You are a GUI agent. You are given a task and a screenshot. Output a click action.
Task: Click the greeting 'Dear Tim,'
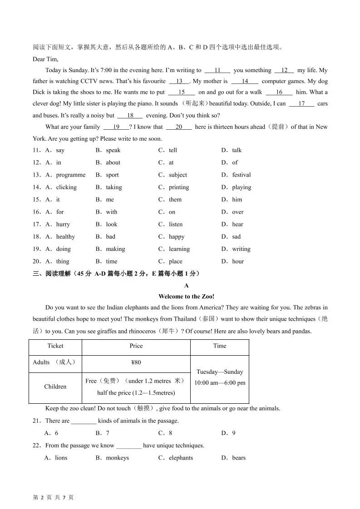(x=45, y=59)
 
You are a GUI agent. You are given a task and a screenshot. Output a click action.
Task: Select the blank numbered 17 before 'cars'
(x=301, y=103)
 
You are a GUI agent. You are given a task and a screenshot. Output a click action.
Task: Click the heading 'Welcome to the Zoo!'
(x=186, y=296)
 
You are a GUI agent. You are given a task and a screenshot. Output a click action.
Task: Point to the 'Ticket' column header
(x=55, y=346)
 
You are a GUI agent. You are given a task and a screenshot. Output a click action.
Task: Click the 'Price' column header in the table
(x=136, y=346)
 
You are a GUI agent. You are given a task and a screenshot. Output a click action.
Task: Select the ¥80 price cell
(x=136, y=362)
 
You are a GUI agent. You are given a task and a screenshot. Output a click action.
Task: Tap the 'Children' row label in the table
(x=55, y=387)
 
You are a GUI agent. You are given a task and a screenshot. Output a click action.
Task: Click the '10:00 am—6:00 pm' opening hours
(x=220, y=382)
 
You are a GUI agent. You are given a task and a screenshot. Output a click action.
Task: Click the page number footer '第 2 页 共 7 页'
(x=54, y=497)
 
